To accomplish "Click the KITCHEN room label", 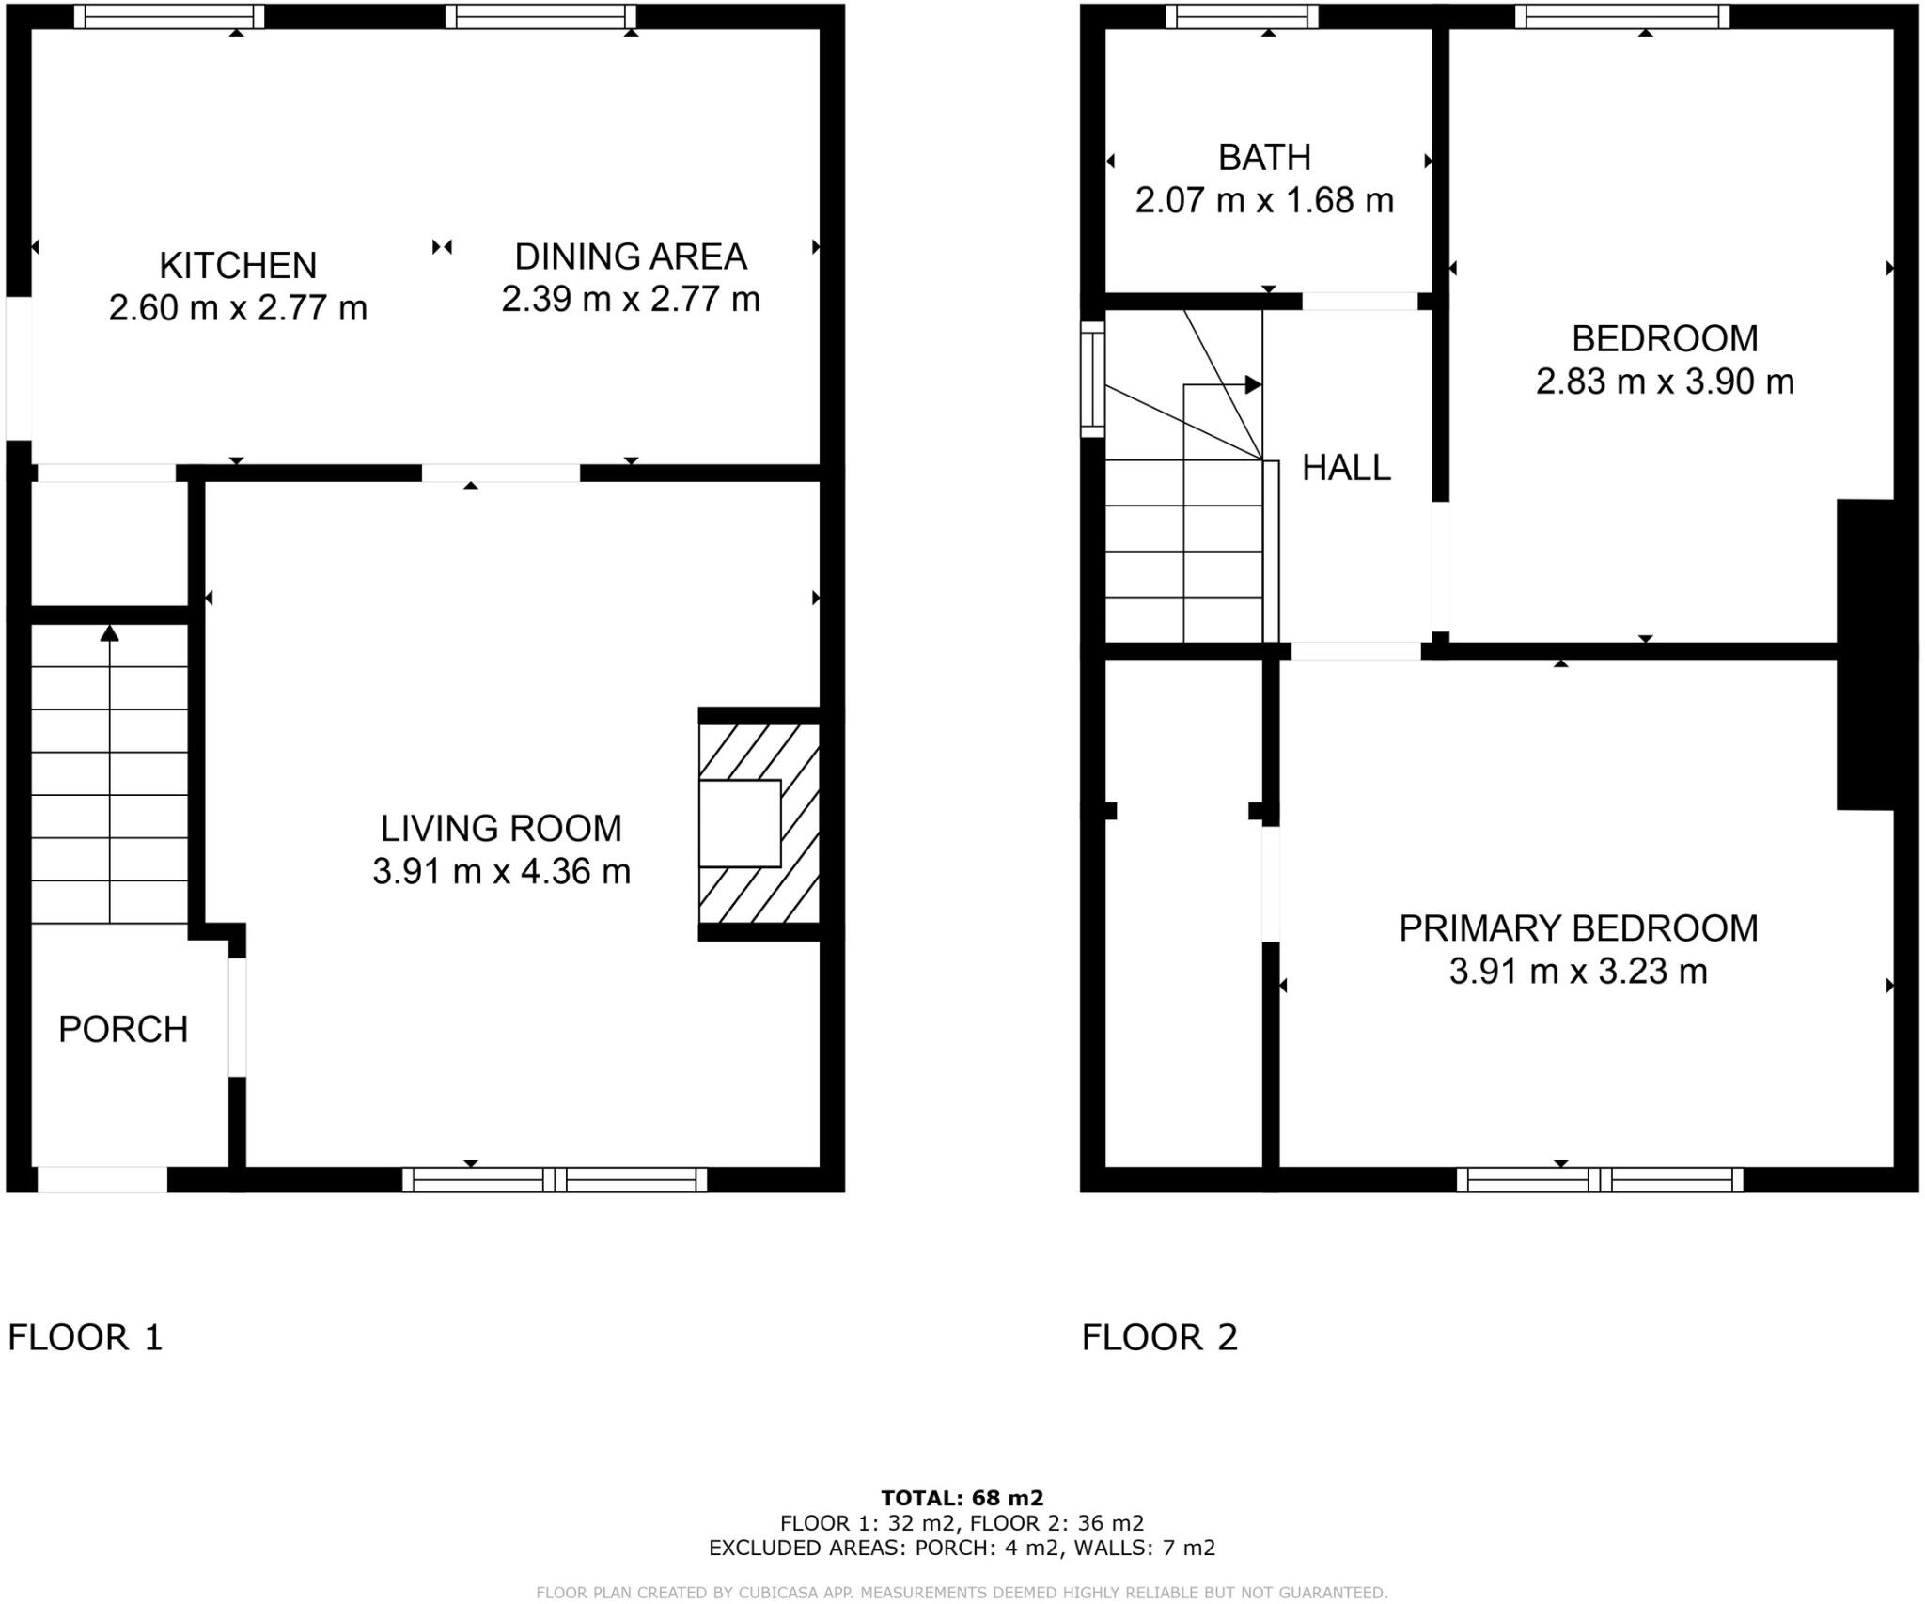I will click(238, 266).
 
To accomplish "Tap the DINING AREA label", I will click(631, 257).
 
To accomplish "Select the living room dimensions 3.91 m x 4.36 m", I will click(501, 872).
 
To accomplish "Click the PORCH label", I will click(123, 1030).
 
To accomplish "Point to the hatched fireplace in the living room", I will click(759, 823).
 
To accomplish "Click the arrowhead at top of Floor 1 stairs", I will click(110, 633).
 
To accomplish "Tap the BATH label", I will click(1264, 158).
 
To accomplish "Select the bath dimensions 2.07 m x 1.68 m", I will click(1264, 201).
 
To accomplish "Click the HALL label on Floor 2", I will click(1346, 468).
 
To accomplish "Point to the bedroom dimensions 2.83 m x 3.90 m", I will click(1665, 382).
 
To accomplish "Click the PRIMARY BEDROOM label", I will click(1578, 928).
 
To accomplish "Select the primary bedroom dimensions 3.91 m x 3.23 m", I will click(1578, 972).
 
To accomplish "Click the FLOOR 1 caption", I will click(86, 1337).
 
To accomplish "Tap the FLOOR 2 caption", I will click(1160, 1337).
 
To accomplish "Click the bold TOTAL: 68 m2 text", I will click(962, 1499).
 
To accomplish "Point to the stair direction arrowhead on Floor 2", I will click(1252, 384).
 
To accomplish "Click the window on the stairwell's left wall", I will click(1092, 380).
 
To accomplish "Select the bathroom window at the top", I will click(1242, 17).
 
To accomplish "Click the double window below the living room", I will click(555, 1180).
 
